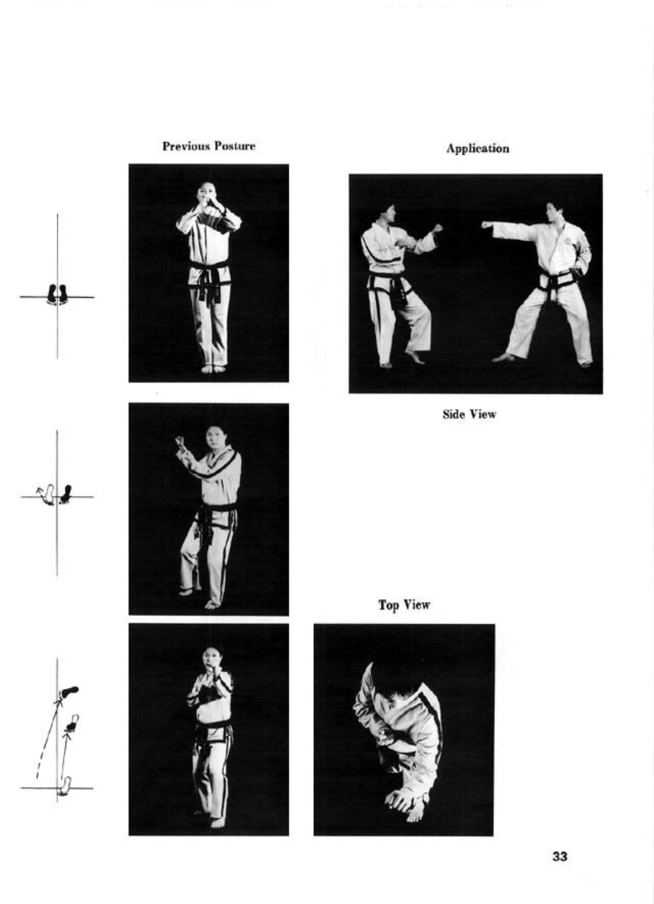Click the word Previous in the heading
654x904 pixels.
pos(186,145)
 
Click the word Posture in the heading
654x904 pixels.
pos(235,145)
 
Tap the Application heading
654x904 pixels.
pos(477,149)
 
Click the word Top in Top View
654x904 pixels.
pos(389,604)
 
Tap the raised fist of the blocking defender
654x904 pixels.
pos(437,229)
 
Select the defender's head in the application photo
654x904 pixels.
pos(386,213)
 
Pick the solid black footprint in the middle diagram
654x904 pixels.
pos(66,494)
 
